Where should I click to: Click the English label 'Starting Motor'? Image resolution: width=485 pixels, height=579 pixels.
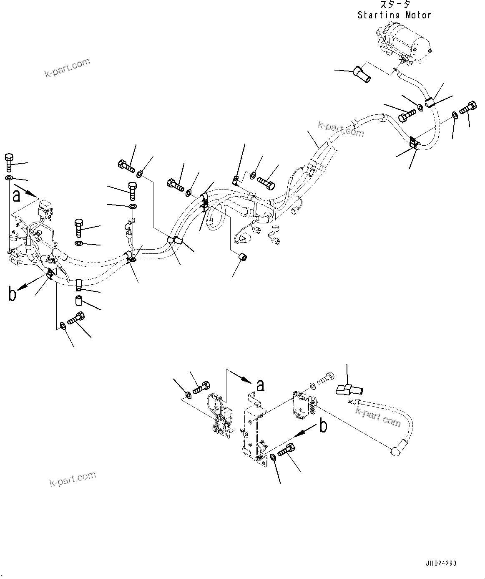(394, 15)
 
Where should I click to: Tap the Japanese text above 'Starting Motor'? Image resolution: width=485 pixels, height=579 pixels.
(394, 5)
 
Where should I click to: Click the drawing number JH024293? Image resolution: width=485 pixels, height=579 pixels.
(441, 563)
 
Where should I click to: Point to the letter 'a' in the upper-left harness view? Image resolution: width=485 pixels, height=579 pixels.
(16, 195)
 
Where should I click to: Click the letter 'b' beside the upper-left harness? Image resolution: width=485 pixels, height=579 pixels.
(13, 294)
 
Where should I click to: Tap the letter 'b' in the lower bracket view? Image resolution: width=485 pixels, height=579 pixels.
(324, 426)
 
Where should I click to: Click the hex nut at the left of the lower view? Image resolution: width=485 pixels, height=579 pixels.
(188, 394)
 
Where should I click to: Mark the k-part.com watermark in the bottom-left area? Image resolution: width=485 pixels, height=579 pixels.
(73, 478)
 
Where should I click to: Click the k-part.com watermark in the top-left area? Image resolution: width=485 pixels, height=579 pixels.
(67, 68)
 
